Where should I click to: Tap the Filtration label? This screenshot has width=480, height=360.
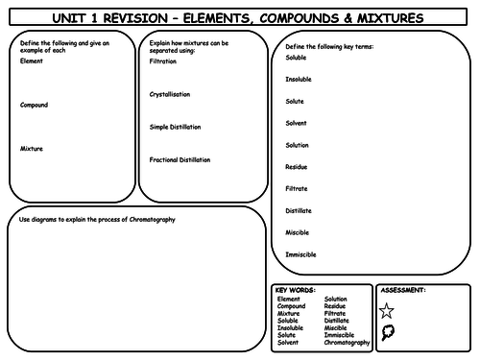pos(163,60)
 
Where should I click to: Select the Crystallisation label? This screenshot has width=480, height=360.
pos(170,94)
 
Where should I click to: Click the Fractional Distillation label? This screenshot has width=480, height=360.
pos(180,159)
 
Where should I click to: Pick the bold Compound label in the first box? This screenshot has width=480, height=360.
pos(34,105)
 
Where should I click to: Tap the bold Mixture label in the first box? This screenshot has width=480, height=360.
pos(31,149)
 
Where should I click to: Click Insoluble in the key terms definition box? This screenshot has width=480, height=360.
pos(299,79)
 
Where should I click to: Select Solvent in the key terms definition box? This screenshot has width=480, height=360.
pos(296,123)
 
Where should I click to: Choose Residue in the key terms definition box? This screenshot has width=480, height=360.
pos(296,166)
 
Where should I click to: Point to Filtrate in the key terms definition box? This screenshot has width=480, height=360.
pos(296,188)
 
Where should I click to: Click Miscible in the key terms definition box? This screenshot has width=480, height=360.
pos(297,232)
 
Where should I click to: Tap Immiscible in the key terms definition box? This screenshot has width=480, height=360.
pos(300,254)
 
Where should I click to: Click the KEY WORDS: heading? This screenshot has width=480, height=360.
pos(294,290)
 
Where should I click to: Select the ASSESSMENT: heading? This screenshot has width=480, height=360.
pos(404,290)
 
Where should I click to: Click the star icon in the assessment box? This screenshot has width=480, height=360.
pos(386,310)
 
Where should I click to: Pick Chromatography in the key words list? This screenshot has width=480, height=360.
pos(347,342)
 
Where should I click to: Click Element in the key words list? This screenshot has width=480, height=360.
pos(289,300)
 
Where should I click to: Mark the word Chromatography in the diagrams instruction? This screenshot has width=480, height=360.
pos(160,220)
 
